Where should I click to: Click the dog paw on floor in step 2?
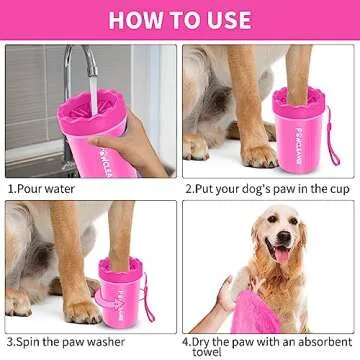tap(259, 154)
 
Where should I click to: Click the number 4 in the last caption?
tap(189, 341)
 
